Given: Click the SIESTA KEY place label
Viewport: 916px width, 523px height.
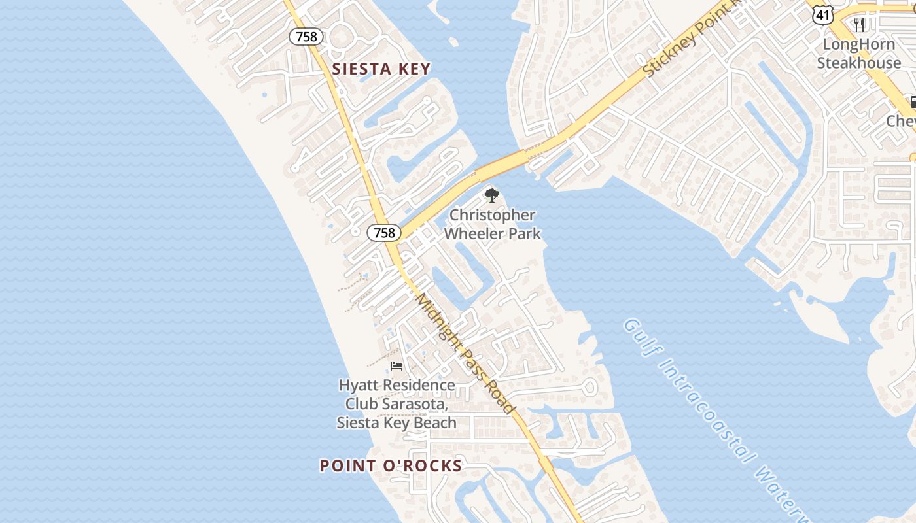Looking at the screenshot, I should [x=381, y=69].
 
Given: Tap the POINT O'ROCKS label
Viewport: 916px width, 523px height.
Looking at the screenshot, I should [x=391, y=465].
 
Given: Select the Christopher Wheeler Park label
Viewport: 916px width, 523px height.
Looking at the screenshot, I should [x=492, y=224].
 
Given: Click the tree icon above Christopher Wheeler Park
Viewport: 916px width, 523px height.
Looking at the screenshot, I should [x=492, y=195].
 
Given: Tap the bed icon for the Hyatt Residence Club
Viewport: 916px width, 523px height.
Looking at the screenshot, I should [x=396, y=365].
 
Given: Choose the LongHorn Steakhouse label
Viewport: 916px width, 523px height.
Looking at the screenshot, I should [x=858, y=54].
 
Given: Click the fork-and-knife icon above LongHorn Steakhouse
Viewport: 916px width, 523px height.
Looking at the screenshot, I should [x=859, y=25].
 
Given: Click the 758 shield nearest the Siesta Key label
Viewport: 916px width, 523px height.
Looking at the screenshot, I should [x=306, y=37].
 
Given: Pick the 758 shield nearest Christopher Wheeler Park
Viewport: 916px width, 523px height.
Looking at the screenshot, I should [x=383, y=232].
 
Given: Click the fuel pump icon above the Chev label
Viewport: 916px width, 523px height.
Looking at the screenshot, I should [x=912, y=102].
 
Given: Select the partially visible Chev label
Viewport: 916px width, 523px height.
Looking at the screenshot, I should [x=901, y=121].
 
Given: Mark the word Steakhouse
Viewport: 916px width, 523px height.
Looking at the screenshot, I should [x=858, y=63].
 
